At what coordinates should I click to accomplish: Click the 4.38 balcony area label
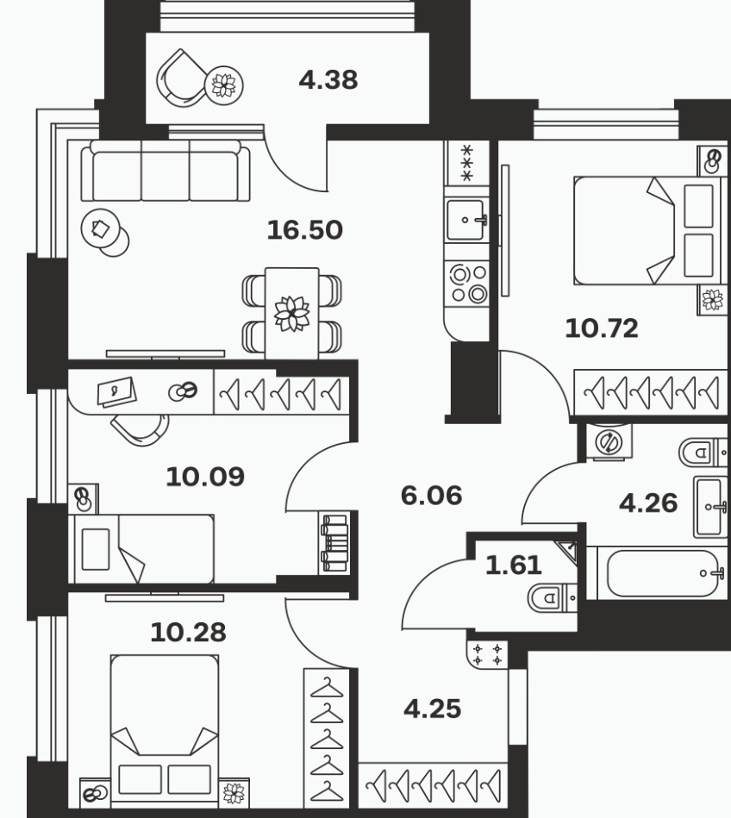click(x=328, y=80)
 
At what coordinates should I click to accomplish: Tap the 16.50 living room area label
click(x=304, y=230)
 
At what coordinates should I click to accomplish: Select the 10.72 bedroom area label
click(x=602, y=328)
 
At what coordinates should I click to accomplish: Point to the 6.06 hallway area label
click(x=432, y=495)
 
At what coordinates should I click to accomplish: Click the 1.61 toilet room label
click(x=514, y=565)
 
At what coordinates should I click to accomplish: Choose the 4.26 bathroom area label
click(x=648, y=503)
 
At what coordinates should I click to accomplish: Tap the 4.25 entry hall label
click(x=433, y=709)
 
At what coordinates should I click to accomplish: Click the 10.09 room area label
click(x=205, y=477)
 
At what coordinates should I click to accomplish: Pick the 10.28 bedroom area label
click(x=188, y=633)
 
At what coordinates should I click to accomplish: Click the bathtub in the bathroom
click(x=658, y=573)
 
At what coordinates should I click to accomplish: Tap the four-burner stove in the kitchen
click(x=467, y=284)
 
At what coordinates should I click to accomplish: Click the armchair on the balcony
click(x=180, y=78)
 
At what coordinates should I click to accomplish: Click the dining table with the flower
click(x=291, y=314)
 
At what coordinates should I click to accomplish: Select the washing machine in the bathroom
click(x=609, y=442)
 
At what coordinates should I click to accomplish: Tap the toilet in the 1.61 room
click(x=552, y=598)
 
